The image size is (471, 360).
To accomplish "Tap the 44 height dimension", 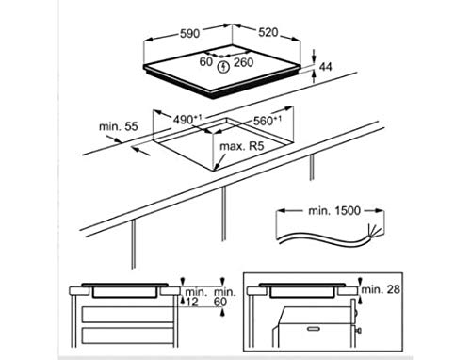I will pos(327,69).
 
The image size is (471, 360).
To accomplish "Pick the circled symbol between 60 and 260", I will pos(223,65).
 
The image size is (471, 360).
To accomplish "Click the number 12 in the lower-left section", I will pos(193,303).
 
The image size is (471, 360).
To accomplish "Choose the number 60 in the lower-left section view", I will pos(220,303).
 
